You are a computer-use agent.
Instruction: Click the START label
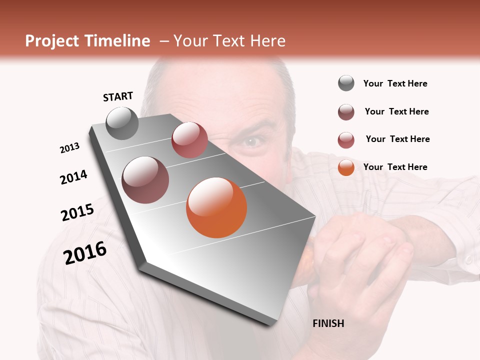click(x=118, y=96)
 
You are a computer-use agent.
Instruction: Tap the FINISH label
click(x=328, y=323)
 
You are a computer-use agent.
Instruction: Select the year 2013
click(x=69, y=148)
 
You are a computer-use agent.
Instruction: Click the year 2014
click(x=73, y=177)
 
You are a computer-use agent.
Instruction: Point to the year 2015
click(x=77, y=212)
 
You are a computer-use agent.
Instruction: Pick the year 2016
click(x=85, y=252)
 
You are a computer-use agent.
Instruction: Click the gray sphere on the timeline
click(x=122, y=123)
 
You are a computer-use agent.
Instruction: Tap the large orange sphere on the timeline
click(x=216, y=207)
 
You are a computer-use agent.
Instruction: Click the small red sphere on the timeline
click(x=189, y=140)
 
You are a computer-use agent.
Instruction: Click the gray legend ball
click(x=346, y=83)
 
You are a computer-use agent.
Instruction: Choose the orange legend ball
click(x=346, y=167)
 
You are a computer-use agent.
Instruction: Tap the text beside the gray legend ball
click(x=395, y=83)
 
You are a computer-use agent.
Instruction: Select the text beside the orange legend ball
click(x=395, y=167)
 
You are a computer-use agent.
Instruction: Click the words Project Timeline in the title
click(x=87, y=41)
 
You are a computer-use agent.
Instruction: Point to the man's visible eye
click(x=251, y=142)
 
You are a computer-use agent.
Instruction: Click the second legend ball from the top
click(x=346, y=112)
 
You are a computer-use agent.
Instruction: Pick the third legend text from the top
click(x=397, y=139)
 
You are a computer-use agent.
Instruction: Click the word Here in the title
click(x=267, y=41)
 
